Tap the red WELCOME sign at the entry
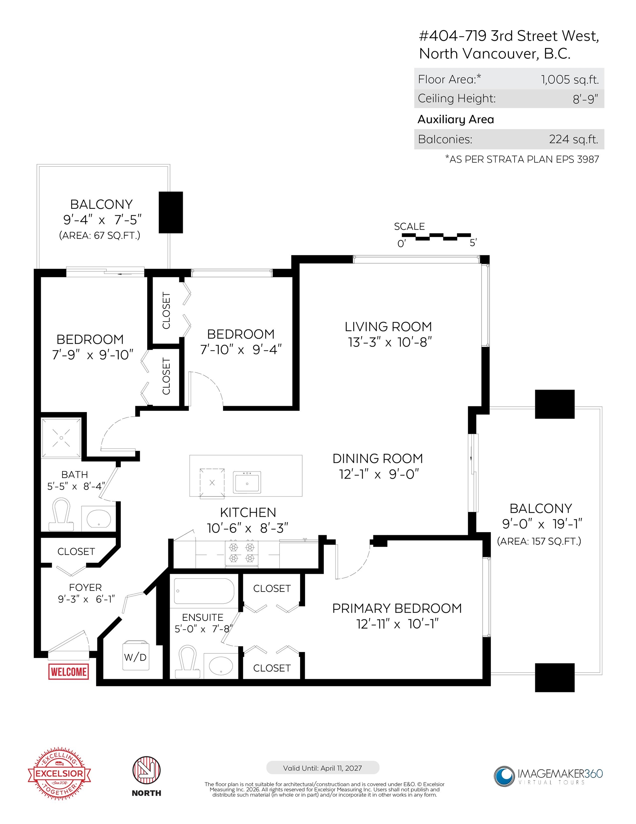pyautogui.click(x=69, y=672)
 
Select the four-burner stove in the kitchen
pyautogui.click(x=242, y=553)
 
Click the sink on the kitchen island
pyautogui.click(x=247, y=482)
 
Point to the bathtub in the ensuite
pyautogui.click(x=204, y=591)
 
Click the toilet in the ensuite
pyautogui.click(x=187, y=663)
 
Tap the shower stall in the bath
pyautogui.click(x=61, y=438)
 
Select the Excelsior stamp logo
pyautogui.click(x=59, y=774)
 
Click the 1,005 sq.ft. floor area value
pyautogui.click(x=570, y=79)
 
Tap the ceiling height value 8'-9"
pyautogui.click(x=586, y=99)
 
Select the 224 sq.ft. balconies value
pyautogui.click(x=573, y=139)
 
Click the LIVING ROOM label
pyautogui.click(x=388, y=327)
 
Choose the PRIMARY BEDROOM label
pyautogui.click(x=397, y=608)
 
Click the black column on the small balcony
pyautogui.click(x=171, y=212)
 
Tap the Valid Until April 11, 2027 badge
pyautogui.click(x=323, y=768)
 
